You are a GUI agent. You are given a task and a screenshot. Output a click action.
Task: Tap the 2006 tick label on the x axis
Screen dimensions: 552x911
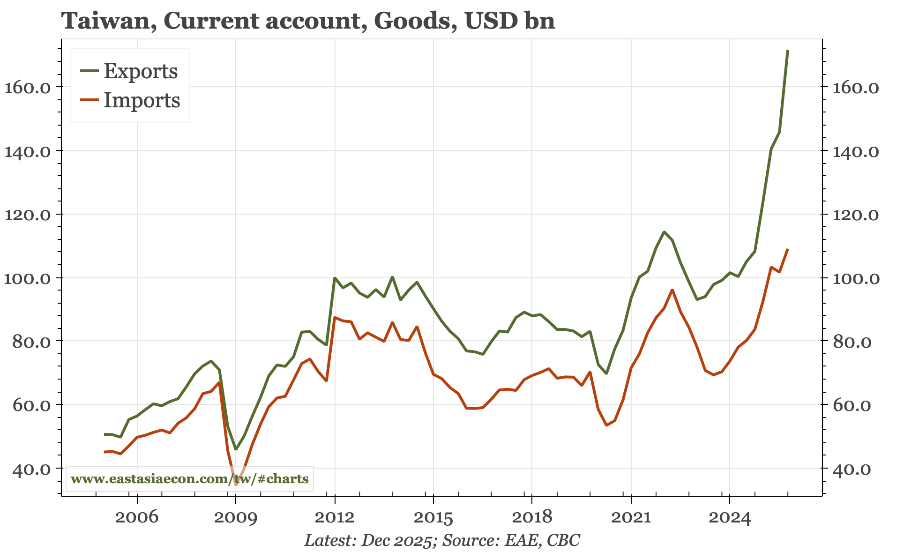click(x=136, y=518)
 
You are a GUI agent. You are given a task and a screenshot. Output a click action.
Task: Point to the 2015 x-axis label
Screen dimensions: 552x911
click(x=433, y=518)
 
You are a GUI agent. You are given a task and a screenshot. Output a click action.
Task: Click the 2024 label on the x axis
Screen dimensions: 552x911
click(x=730, y=518)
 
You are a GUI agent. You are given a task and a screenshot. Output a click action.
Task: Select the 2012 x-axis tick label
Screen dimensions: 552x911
click(x=334, y=518)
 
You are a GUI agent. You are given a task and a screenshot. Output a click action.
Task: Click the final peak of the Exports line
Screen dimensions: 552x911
click(x=788, y=50)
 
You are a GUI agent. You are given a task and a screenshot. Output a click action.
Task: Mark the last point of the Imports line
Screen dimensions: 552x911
click(x=788, y=249)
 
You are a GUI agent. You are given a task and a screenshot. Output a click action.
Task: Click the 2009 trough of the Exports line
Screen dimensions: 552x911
click(x=236, y=449)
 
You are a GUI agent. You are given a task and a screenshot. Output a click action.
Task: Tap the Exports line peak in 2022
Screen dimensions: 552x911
click(x=664, y=231)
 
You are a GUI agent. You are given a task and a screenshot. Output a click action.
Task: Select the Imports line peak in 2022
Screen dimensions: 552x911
click(x=672, y=290)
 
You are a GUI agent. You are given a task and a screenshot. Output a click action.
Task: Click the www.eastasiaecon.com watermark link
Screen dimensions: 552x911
click(x=189, y=479)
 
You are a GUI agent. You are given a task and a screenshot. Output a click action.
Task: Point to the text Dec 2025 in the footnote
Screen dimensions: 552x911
click(x=396, y=540)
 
